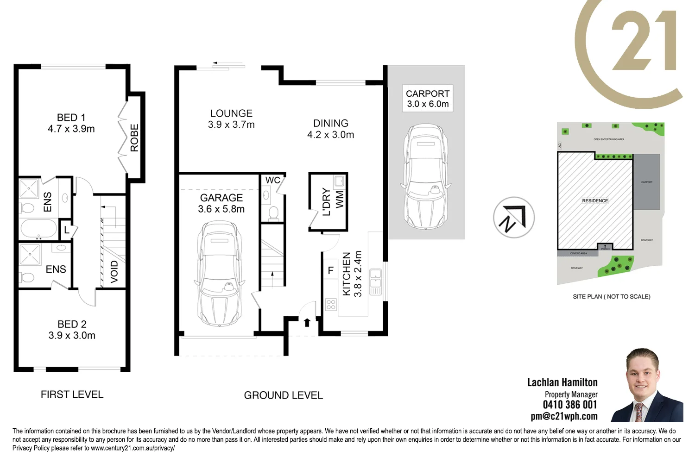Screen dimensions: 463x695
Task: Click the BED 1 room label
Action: coord(71,118)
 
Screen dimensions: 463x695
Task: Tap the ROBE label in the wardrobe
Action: coord(134,138)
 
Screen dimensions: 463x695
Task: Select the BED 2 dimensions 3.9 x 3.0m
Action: coord(72,336)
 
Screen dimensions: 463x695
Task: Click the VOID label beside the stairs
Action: coord(114,271)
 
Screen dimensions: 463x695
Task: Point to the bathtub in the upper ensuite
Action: coord(38,229)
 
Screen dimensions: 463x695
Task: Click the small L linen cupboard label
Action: coord(67,230)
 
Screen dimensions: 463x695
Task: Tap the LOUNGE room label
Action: coord(231,113)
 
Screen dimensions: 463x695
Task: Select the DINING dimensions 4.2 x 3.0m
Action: coord(330,135)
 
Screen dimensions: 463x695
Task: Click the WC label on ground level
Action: coord(272,180)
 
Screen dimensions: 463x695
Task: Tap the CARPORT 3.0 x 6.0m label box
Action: coord(427,99)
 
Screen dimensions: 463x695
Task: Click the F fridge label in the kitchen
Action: coord(331,270)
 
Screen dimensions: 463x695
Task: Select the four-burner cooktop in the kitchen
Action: coord(331,304)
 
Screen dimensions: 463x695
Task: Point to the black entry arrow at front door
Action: coord(307,322)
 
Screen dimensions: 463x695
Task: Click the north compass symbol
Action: coord(513,218)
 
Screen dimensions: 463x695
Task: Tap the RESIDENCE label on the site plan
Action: coord(595,200)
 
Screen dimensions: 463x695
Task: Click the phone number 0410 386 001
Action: coord(570,405)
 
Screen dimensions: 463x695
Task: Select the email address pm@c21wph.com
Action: coord(564,416)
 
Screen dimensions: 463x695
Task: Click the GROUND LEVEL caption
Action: coord(283,395)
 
